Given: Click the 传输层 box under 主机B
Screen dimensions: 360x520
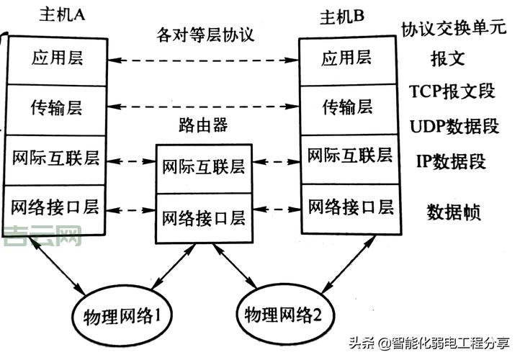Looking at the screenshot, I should click(x=347, y=108).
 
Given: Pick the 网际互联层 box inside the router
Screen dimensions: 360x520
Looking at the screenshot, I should click(x=203, y=168).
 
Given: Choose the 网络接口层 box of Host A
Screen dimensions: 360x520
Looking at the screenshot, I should click(x=55, y=208).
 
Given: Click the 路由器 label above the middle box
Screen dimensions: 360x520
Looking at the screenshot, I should click(x=203, y=125).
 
